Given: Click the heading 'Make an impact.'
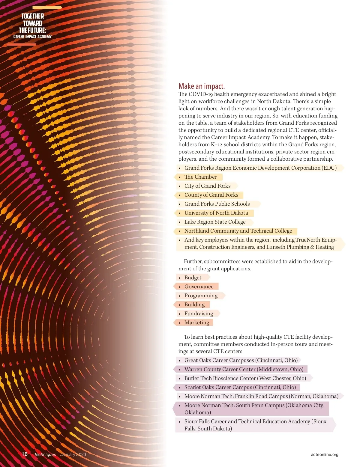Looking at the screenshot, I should (201, 86).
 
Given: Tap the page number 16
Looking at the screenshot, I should (25, 454).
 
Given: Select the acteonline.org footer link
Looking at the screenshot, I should (324, 454).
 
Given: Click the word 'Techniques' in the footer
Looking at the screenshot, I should (45, 454).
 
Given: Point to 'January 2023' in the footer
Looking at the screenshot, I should (73, 454).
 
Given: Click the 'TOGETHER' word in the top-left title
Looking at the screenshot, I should (33, 16).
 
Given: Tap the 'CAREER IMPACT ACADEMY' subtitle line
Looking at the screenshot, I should (33, 37).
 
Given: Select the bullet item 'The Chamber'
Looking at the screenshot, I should (200, 177).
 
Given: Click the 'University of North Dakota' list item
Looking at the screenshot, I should (216, 213).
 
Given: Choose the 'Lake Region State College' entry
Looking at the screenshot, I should (215, 222).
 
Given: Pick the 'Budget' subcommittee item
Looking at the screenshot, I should (193, 278).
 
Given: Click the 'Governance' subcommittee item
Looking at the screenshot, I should (199, 287).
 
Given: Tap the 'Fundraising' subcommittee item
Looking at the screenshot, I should (199, 314).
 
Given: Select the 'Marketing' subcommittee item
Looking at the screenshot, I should (197, 323).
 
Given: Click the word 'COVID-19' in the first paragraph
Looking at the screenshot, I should (201, 94).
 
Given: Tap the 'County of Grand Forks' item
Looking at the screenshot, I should (211, 195).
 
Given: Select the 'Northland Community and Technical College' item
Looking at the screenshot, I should (238, 231).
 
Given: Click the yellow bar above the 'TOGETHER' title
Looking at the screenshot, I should (47, 7).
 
